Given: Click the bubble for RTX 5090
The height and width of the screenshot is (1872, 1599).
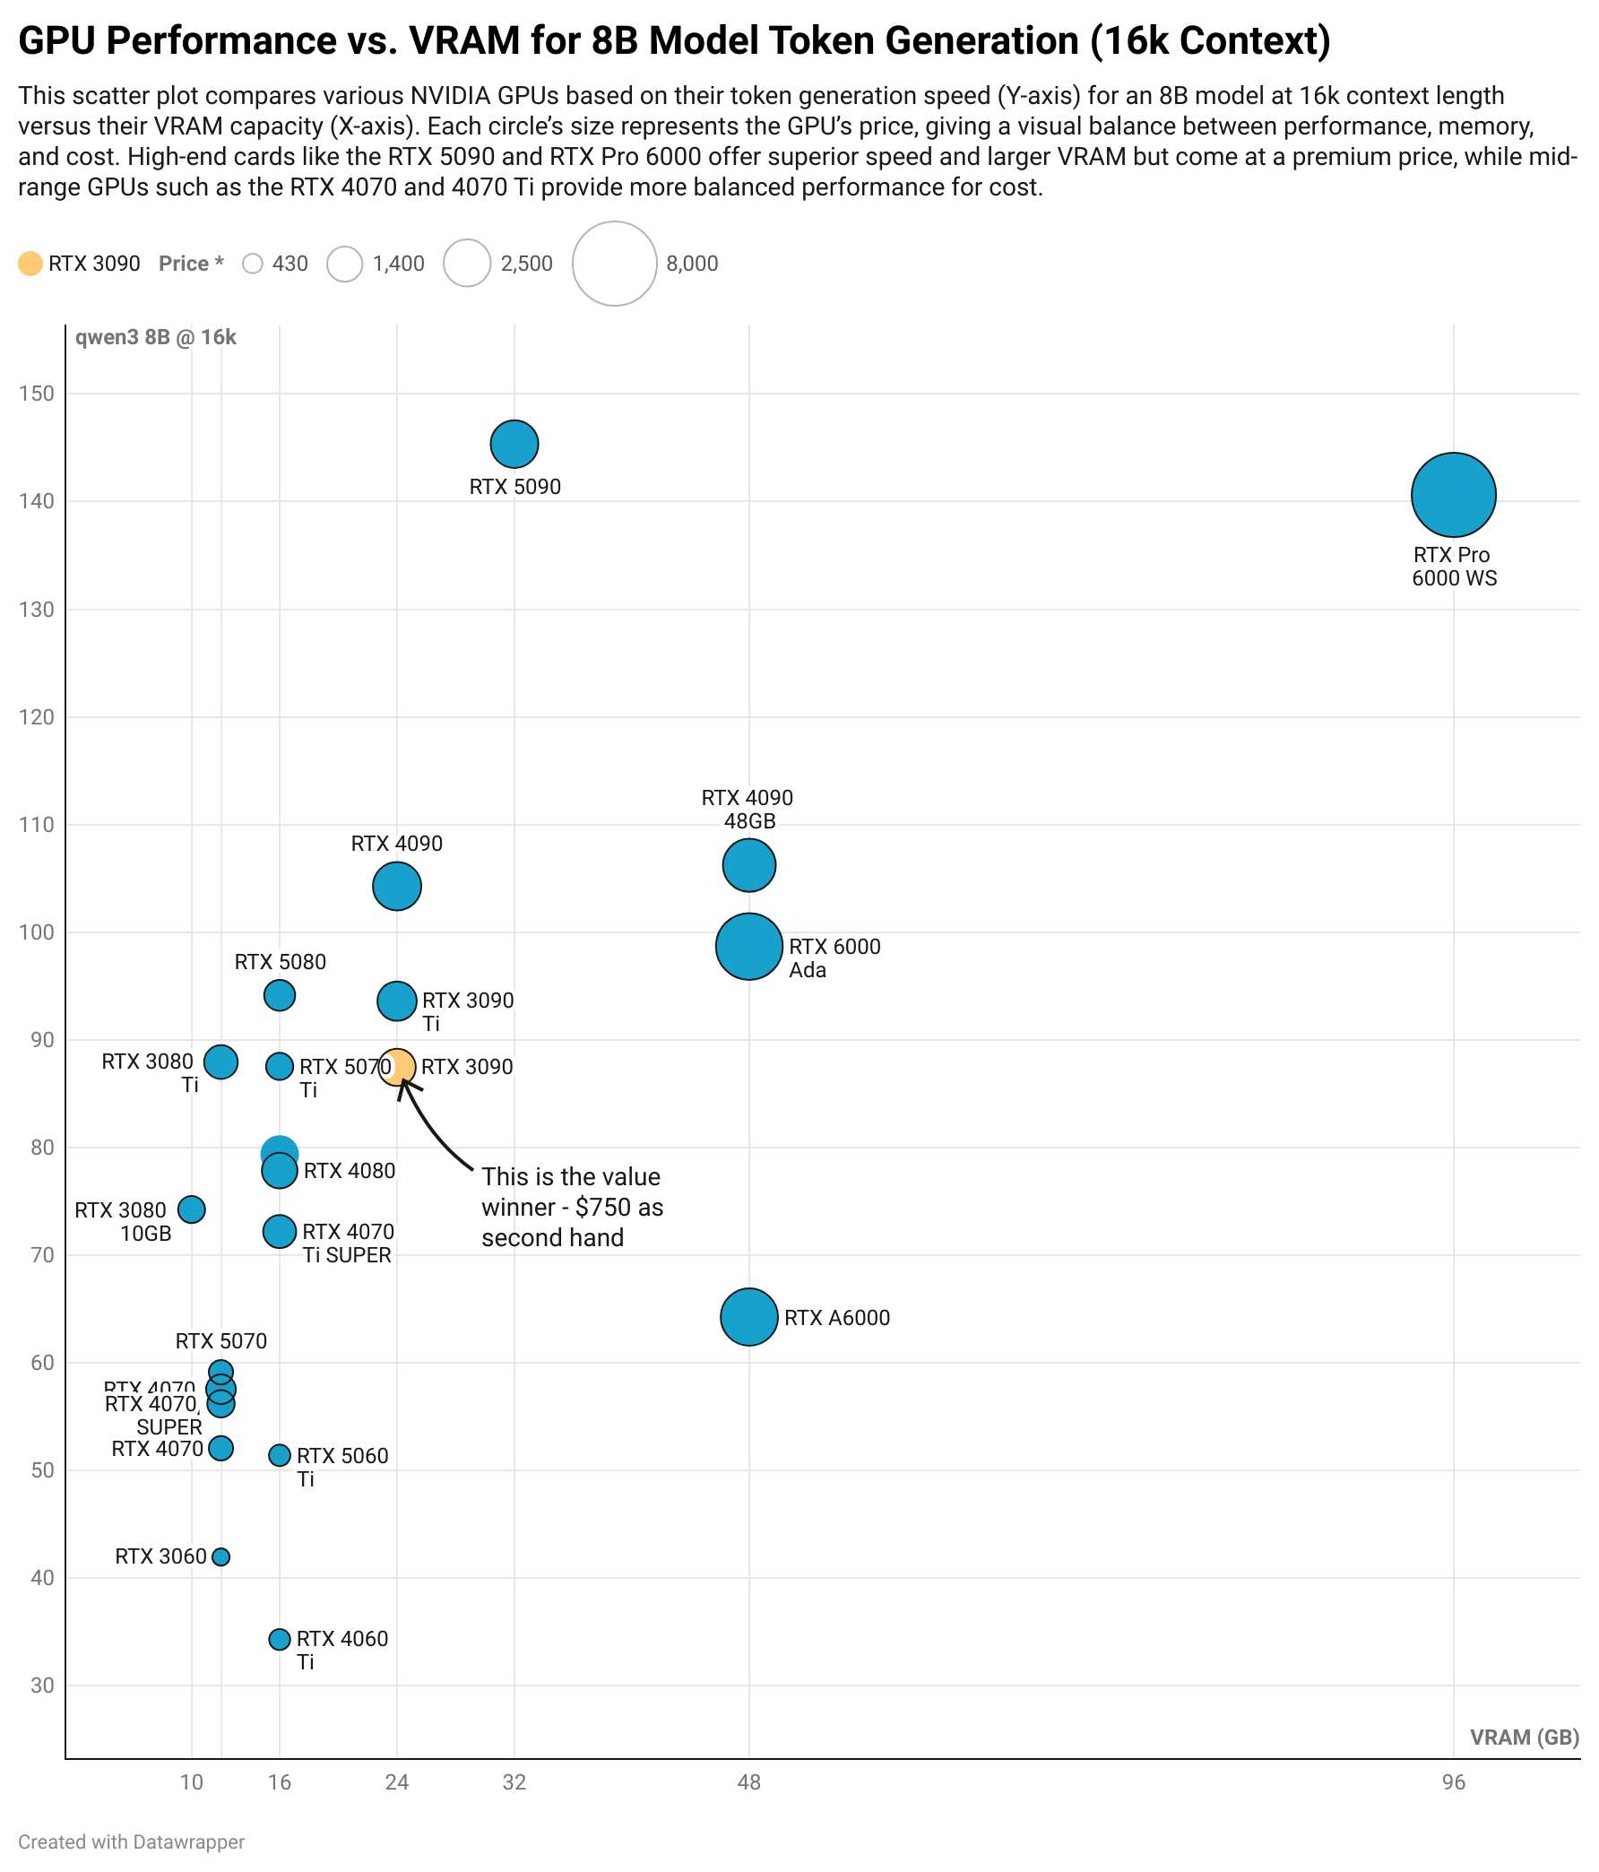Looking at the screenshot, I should (x=514, y=444).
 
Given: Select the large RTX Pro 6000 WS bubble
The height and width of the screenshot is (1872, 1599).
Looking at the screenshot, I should (x=1453, y=494).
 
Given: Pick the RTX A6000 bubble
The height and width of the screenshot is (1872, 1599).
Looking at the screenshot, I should (x=749, y=1316).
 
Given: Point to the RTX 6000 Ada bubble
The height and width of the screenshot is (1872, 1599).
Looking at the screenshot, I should (x=749, y=946).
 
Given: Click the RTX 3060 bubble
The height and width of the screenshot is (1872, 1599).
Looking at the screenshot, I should (x=220, y=1556).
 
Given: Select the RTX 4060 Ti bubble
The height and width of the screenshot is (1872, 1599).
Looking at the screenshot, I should (x=280, y=1639).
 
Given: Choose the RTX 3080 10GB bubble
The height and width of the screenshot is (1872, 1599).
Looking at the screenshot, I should (x=192, y=1209).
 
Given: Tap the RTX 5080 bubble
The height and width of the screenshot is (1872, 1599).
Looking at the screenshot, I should (x=280, y=995).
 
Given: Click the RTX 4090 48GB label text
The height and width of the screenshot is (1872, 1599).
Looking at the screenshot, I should (x=748, y=810).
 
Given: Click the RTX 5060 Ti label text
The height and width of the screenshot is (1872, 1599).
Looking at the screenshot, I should (x=341, y=1467).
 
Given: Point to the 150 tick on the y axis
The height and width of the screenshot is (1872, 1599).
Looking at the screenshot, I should (x=36, y=393).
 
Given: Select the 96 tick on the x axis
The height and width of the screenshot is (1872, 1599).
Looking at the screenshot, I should (x=1453, y=1781).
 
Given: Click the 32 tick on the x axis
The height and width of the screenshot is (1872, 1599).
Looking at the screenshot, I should (x=514, y=1781).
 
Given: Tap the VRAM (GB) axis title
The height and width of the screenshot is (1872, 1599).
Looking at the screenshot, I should (x=1524, y=1737).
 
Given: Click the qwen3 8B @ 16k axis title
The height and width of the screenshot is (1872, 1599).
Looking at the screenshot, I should (x=155, y=337).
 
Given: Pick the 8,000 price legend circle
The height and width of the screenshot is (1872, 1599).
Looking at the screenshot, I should (x=614, y=263).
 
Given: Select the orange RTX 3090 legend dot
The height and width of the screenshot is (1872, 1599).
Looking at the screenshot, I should (x=30, y=263).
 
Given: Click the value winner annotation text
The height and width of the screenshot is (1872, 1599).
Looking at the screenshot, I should (x=571, y=1206).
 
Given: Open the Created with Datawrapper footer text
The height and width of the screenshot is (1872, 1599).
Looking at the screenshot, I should (x=132, y=1842).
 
